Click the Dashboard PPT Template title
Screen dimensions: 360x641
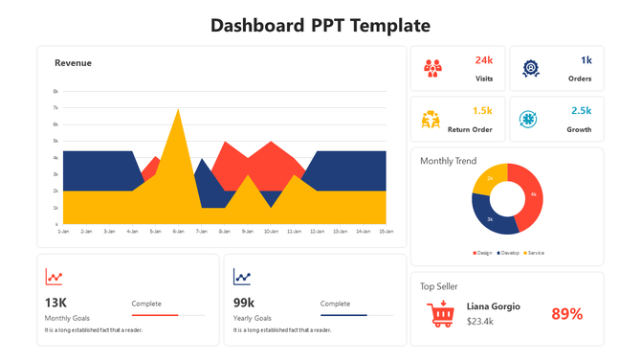point(320,26)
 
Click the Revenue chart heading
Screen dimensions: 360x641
point(74,63)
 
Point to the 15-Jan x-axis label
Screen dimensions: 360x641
point(387,232)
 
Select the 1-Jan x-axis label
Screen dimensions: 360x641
point(63,232)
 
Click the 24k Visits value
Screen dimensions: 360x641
point(483,60)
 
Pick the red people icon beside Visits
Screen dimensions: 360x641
point(433,68)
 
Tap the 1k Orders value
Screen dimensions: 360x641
point(586,60)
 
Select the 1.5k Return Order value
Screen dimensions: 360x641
point(482,111)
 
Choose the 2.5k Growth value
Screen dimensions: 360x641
point(582,111)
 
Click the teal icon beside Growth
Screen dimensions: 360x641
point(527,119)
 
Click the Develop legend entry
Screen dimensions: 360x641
point(509,253)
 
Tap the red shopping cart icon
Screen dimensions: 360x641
point(441,313)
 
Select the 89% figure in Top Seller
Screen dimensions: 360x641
point(566,314)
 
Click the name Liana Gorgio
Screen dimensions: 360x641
point(494,306)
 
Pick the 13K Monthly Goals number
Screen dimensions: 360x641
point(55,303)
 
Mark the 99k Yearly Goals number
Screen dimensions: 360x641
point(244,303)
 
